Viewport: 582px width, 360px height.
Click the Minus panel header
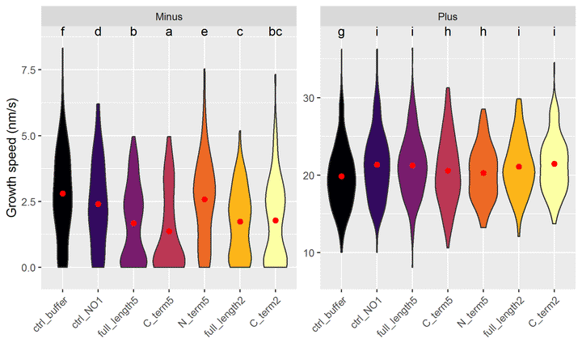pos(169,15)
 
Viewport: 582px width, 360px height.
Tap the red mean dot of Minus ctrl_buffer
pos(62,194)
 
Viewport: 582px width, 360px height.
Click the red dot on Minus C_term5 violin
pos(169,231)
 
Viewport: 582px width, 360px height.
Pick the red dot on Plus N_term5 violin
pos(483,173)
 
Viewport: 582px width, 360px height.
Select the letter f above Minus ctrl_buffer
pos(62,32)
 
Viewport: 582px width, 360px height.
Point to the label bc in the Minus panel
pos(275,32)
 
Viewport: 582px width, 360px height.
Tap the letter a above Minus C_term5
pos(169,32)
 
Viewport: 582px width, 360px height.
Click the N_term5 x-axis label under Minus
pos(194,307)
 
